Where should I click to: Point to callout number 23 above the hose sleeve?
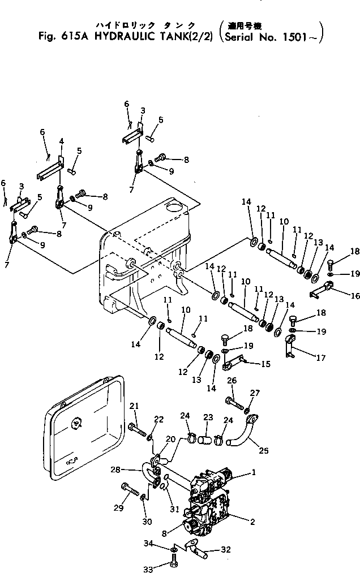tap(208, 418)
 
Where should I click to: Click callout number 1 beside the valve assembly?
tap(255, 471)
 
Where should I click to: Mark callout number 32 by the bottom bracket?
tap(225, 549)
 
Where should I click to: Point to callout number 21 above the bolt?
tap(134, 406)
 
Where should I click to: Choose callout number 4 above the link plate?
tap(61, 140)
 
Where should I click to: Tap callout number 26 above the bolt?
tap(232, 381)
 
